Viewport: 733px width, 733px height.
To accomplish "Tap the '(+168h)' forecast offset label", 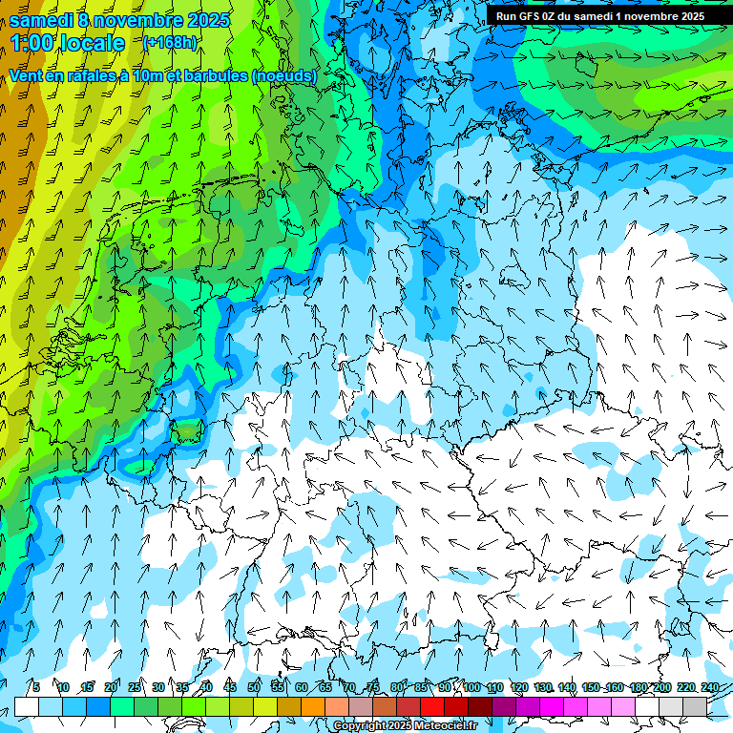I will pos(169,42).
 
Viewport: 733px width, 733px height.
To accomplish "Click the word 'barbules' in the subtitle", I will pos(214,75).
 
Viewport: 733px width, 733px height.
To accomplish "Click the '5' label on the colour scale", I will pos(35,687).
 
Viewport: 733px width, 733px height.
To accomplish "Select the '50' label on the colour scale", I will pos(254,687).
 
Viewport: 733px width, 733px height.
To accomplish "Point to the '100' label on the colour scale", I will pos(471,687).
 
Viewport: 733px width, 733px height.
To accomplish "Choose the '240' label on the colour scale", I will pos(709,687).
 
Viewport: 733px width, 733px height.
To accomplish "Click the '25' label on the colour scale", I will pos(135,687).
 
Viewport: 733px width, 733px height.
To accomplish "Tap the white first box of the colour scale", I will pos(27,706).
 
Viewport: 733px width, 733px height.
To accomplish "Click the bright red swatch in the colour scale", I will pos(432,706).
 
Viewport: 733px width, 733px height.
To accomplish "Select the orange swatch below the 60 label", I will pos(313,706).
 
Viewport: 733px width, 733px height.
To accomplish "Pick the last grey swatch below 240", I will pos(695,706).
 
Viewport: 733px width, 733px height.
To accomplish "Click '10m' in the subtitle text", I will pos(136,75).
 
